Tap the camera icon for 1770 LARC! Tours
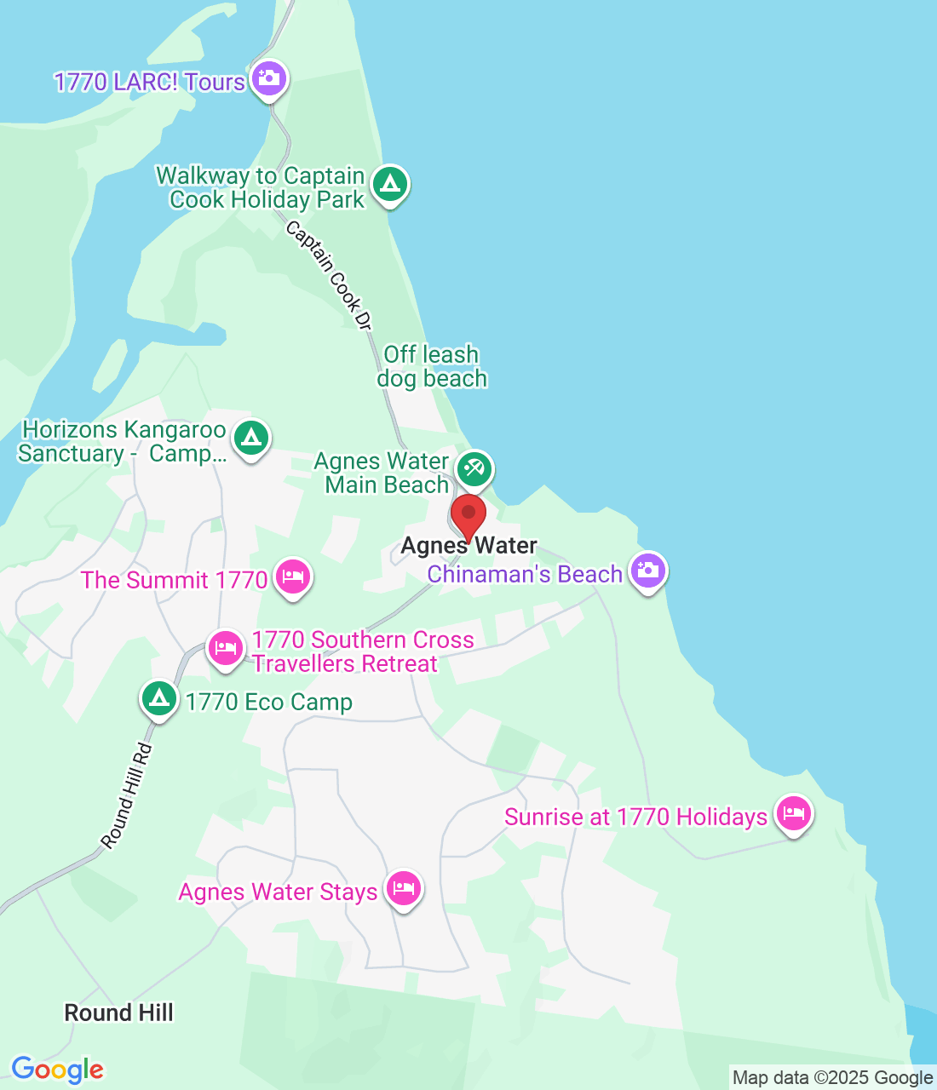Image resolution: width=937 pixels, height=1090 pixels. (x=269, y=78)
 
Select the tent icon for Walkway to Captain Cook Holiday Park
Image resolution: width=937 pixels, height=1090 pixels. (x=390, y=184)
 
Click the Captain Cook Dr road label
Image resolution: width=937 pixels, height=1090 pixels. (x=330, y=275)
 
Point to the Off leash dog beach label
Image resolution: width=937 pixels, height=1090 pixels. (x=432, y=366)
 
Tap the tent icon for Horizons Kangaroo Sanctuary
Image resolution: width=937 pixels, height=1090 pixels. (x=250, y=439)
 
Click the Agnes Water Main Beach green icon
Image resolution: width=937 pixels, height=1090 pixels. (x=474, y=469)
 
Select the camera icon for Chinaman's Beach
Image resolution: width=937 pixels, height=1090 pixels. (x=647, y=571)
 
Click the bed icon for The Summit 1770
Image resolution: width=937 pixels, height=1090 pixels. (x=293, y=577)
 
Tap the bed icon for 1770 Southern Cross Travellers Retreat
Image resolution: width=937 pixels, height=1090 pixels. (x=226, y=649)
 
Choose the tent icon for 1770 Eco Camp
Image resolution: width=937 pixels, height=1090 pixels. (x=158, y=699)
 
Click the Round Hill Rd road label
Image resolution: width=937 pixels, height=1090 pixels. (x=127, y=796)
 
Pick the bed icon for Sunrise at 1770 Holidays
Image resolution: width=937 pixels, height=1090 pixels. (x=793, y=814)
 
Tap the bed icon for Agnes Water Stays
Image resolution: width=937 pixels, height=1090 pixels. (x=403, y=889)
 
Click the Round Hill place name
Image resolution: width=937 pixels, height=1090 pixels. (x=119, y=1013)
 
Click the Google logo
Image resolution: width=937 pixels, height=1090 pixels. (x=57, y=1070)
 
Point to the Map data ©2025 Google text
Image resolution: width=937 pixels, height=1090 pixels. (x=832, y=1078)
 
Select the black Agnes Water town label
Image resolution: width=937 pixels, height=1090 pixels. (x=469, y=546)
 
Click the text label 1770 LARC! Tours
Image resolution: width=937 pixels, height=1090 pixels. (x=150, y=82)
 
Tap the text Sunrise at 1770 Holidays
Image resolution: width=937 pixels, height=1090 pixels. (x=635, y=817)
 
